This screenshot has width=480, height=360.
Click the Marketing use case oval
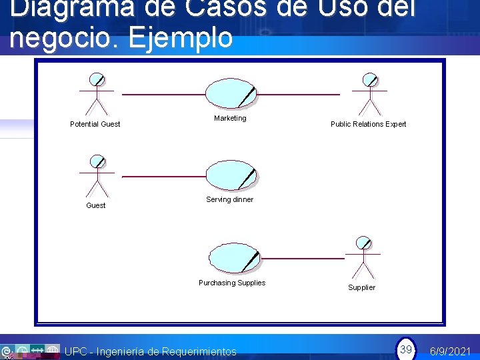[x=231, y=94]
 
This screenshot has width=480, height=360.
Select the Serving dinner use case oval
[x=231, y=175]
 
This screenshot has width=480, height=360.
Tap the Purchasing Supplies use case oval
[x=234, y=258]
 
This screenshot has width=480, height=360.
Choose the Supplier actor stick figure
[x=363, y=258]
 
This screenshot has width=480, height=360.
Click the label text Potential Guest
[x=95, y=124]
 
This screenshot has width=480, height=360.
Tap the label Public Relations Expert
[x=368, y=124]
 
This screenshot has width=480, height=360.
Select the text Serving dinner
[x=229, y=199]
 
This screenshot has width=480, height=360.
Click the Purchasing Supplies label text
[x=232, y=283]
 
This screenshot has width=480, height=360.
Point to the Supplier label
[x=361, y=287]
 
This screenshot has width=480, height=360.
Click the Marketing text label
[x=230, y=118]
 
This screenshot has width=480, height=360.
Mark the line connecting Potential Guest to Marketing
[x=163, y=95]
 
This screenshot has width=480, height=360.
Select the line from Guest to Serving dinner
[x=163, y=177]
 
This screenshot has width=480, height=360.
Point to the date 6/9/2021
[x=451, y=351]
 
